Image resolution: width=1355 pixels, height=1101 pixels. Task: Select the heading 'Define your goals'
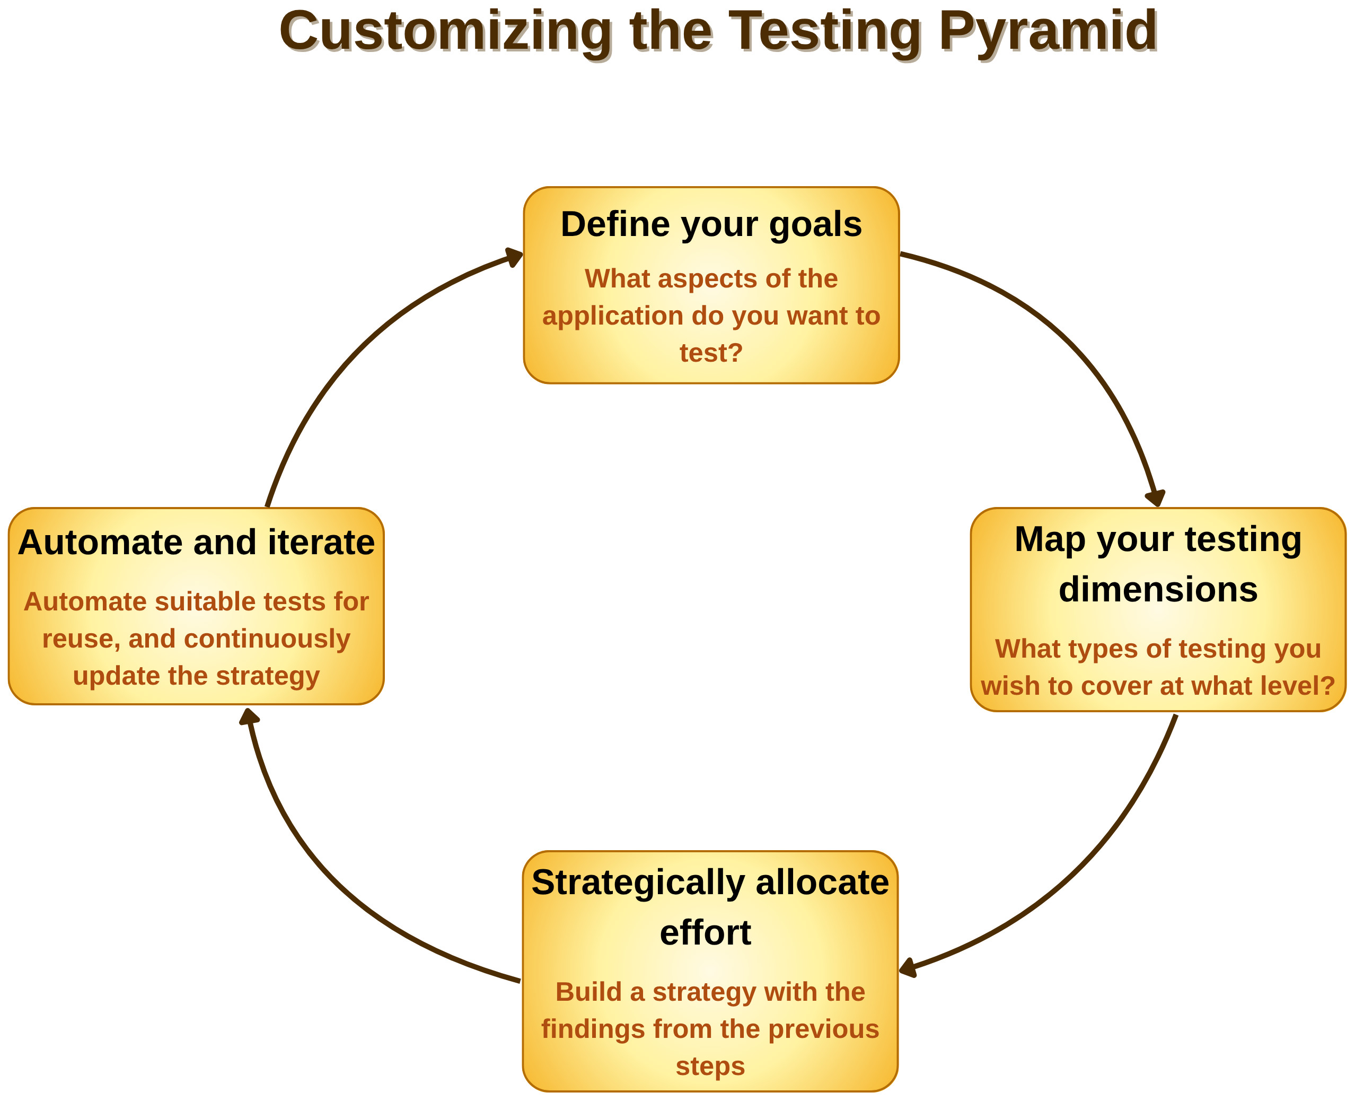click(x=711, y=224)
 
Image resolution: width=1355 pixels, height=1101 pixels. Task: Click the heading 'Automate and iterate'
click(x=197, y=543)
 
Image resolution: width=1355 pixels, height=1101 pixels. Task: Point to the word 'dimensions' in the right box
click(x=1158, y=590)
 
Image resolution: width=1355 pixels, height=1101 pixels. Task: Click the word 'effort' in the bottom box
click(x=706, y=933)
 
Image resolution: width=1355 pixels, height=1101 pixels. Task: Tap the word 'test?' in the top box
click(x=711, y=353)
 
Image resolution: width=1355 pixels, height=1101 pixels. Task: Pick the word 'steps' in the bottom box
click(x=710, y=1066)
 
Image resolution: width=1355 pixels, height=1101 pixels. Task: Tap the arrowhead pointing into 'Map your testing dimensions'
click(x=1157, y=498)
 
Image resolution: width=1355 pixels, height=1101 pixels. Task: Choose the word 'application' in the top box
click(x=612, y=316)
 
